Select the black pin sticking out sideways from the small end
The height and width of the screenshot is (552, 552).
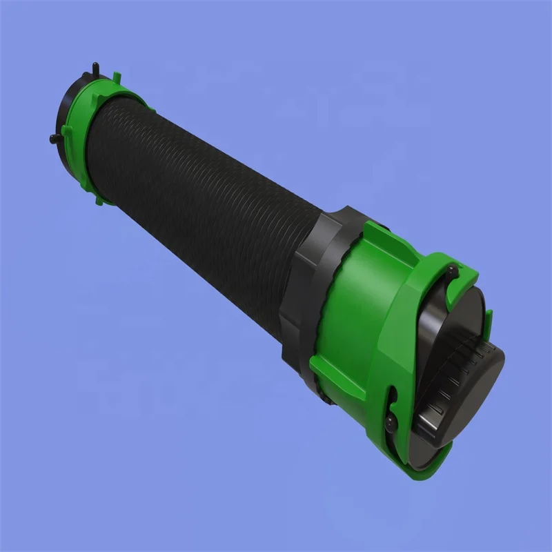coord(54,140)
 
